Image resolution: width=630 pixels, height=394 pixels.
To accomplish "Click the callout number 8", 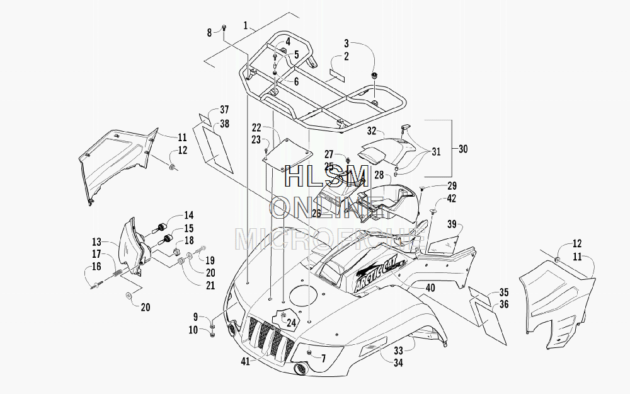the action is [209, 33].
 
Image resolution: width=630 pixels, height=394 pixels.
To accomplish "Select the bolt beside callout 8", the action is [224, 28].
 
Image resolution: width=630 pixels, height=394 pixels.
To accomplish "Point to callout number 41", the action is [246, 361].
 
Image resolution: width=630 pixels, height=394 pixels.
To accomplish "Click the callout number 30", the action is [463, 149].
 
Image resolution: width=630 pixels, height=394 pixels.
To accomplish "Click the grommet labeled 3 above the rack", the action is [375, 75].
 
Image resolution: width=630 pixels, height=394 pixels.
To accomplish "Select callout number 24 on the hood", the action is [291, 323].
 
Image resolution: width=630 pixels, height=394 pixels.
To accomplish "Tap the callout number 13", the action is [96, 242].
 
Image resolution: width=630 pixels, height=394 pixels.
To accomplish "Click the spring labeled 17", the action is [116, 273].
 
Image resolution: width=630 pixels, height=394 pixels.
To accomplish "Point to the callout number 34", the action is [398, 362].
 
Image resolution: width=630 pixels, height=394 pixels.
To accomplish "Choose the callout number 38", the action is [225, 124].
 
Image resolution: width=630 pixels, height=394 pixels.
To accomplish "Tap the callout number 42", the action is [452, 199].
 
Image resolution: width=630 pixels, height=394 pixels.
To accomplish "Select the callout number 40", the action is [430, 288].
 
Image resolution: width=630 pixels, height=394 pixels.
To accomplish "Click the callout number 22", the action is [256, 128].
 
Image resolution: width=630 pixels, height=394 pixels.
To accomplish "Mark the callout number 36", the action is [504, 304].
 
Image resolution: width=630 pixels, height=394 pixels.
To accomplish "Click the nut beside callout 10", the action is [212, 334].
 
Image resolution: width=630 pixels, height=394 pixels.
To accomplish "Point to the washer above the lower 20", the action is [129, 296].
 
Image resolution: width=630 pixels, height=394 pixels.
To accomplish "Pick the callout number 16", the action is [96, 267].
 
